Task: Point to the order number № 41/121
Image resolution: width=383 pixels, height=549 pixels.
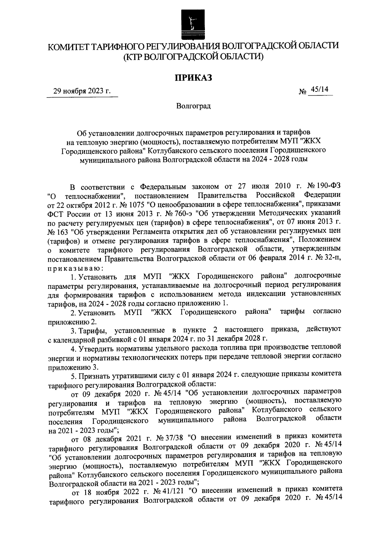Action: [170, 491]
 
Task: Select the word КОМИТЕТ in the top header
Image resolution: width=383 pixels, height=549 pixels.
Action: [68, 47]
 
